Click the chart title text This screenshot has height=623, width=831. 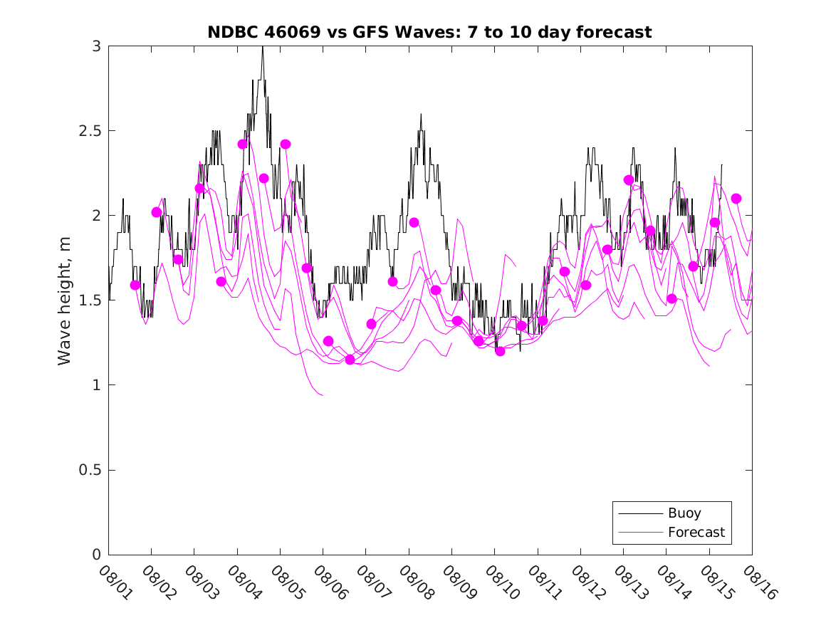pyautogui.click(x=429, y=32)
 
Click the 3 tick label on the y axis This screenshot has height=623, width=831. pyautogui.click(x=96, y=46)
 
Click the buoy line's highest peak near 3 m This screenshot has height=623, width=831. pyautogui.click(x=263, y=48)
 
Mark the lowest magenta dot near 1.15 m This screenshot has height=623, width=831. pyautogui.click(x=350, y=360)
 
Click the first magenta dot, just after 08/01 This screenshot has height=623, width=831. pyautogui.click(x=135, y=285)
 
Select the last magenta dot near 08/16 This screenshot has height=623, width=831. pyautogui.click(x=736, y=198)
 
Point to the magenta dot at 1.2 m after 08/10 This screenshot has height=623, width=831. pyautogui.click(x=500, y=351)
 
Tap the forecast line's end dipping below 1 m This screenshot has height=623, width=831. pyautogui.click(x=322, y=394)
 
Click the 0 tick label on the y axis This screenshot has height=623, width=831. pyautogui.click(x=96, y=555)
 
